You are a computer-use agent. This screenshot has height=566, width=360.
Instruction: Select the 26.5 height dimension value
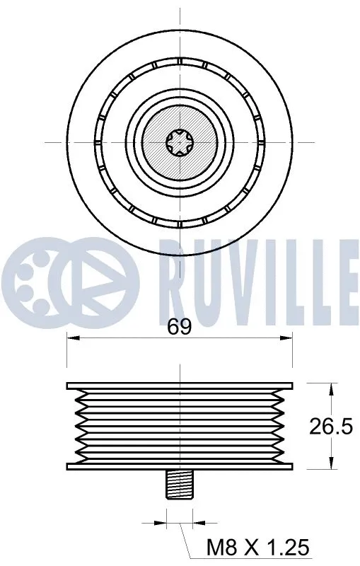coord(331,427)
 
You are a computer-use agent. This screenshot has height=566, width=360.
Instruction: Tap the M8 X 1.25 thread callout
coord(257,547)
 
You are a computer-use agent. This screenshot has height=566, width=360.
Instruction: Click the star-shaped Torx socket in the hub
coord(180,142)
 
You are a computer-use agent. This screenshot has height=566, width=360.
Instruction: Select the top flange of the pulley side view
coord(180,386)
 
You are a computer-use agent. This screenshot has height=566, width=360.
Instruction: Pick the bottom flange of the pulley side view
coord(180,465)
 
